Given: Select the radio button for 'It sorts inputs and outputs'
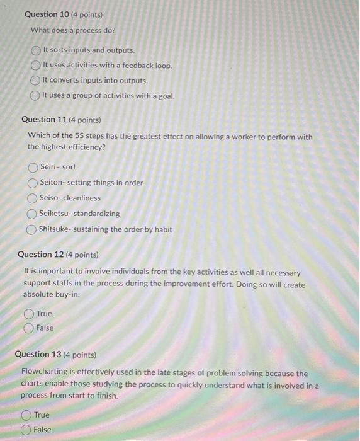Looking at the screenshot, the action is click(37, 50).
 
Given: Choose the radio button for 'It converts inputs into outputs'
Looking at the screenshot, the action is click(36, 81).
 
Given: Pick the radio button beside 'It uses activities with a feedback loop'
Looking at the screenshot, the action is click(36, 66).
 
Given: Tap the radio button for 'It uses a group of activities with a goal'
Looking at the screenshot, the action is click(36, 96).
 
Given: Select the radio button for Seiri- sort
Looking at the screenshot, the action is click(33, 167).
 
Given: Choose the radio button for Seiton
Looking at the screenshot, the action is click(33, 183).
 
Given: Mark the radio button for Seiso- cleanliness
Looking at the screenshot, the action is click(33, 198).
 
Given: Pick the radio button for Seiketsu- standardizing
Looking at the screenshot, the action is click(32, 214).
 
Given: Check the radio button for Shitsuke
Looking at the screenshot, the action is click(32, 229).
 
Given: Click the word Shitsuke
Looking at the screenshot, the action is click(56, 229).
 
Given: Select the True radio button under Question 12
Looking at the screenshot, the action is click(29, 314).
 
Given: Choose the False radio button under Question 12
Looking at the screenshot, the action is click(29, 328).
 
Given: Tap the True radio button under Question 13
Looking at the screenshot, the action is click(26, 415).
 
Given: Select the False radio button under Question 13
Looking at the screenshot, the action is click(26, 430).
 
